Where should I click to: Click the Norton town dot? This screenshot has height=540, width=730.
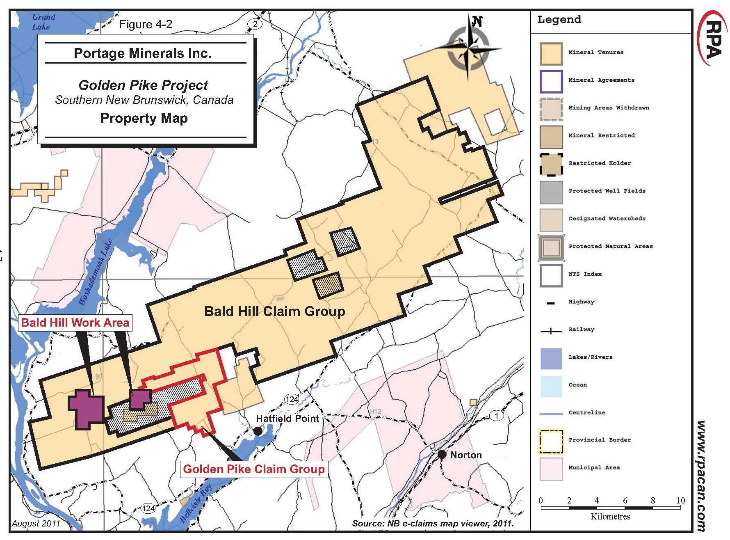click(442, 455)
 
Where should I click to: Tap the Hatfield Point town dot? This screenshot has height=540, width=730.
click(258, 431)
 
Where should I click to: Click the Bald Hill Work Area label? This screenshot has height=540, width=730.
click(75, 323)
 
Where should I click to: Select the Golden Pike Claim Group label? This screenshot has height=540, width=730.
click(254, 469)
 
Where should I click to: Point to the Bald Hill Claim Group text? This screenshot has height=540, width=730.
click(274, 311)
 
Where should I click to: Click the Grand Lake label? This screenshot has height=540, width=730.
click(43, 22)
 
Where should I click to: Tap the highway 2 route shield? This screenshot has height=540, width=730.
click(255, 24)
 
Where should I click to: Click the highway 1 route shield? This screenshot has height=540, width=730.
click(497, 416)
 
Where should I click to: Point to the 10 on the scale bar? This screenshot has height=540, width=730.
click(680, 500)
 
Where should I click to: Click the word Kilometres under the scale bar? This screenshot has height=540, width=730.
click(610, 517)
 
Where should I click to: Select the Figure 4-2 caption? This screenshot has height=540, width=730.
click(145, 25)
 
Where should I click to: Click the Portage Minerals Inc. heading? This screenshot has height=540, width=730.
click(142, 53)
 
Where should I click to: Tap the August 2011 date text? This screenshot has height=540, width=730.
click(36, 524)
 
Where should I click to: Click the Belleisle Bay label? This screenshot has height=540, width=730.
click(196, 503)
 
